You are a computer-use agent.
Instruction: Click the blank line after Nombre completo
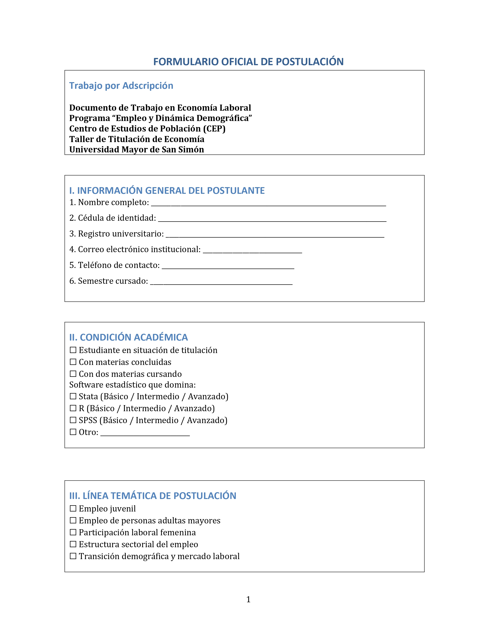268,204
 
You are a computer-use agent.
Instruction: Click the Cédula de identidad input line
272,220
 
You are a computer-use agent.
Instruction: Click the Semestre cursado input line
221,283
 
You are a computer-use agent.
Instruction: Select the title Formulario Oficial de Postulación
248,62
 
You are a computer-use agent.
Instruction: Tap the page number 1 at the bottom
248,600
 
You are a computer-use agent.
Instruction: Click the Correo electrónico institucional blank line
252,251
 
